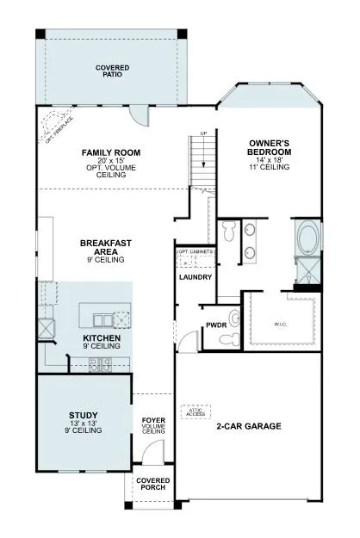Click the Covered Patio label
[112, 70]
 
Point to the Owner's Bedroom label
[270, 146]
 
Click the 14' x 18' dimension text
[270, 160]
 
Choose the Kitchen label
[102, 338]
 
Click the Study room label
[84, 415]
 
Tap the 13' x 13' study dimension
[84, 423]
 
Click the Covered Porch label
[153, 483]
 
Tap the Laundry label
[190, 278]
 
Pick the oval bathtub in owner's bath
[306, 237]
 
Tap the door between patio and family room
[135, 114]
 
